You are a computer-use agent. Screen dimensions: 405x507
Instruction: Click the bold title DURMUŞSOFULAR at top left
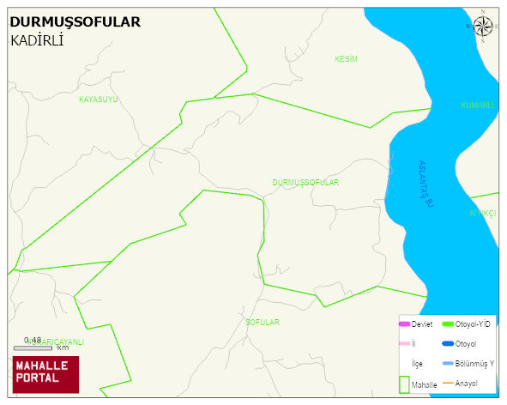pos(75,22)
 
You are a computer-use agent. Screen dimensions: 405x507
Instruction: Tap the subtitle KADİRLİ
pos(39,40)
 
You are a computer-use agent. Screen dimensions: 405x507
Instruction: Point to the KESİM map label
pos(346,59)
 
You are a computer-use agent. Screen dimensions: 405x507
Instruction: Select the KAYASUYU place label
pos(99,100)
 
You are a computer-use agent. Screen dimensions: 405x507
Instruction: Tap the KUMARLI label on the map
pos(478,106)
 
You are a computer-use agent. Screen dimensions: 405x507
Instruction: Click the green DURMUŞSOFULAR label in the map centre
pos(305,183)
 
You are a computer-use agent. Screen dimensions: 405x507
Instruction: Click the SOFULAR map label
pos(263,322)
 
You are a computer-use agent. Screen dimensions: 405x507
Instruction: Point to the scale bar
pos(33,348)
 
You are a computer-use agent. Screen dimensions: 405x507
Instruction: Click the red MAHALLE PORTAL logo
pos(45,373)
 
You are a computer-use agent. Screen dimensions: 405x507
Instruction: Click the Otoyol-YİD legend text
pos(473,323)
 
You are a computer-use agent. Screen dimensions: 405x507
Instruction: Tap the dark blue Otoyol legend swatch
pos(447,344)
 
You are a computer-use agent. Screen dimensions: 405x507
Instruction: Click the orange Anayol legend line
pos(447,383)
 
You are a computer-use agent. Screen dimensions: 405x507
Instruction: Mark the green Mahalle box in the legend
pos(404,384)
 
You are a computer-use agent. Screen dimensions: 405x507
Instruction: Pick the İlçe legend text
pos(418,364)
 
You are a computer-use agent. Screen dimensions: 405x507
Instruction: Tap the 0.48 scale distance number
pos(33,340)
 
